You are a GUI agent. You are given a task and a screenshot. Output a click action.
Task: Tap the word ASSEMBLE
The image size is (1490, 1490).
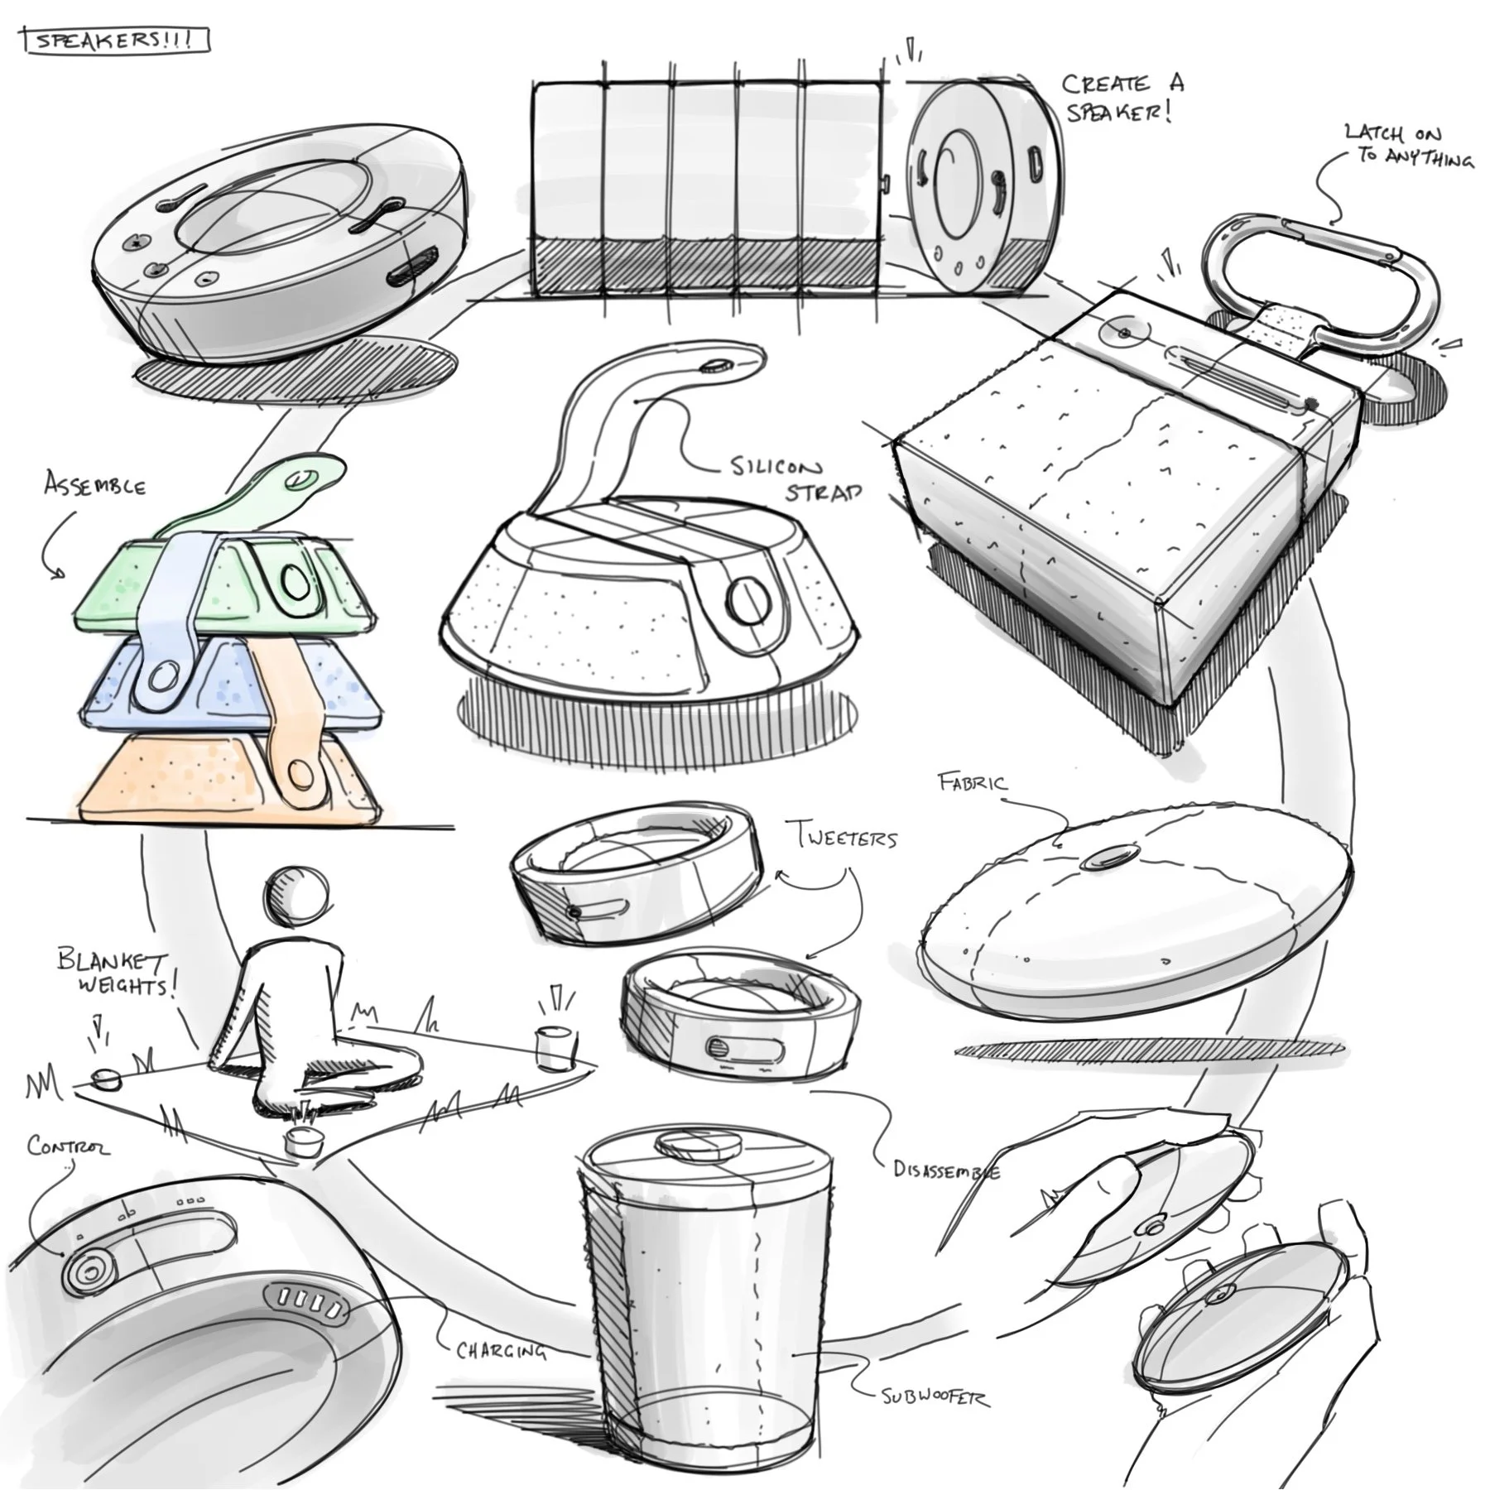coord(95,484)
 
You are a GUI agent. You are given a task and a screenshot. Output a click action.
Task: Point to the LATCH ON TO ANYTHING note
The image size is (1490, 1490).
coord(1408,146)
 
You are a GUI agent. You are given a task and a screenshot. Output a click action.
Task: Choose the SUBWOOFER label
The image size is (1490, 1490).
coord(935,1397)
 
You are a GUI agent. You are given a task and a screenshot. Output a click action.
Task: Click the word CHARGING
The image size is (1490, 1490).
coord(502,1351)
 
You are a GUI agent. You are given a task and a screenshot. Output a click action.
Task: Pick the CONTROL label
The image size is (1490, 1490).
coord(68,1146)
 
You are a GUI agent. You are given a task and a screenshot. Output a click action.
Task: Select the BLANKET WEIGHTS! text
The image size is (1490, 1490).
coord(116,973)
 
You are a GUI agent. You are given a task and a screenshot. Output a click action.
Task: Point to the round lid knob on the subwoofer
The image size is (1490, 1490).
coord(698,1147)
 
